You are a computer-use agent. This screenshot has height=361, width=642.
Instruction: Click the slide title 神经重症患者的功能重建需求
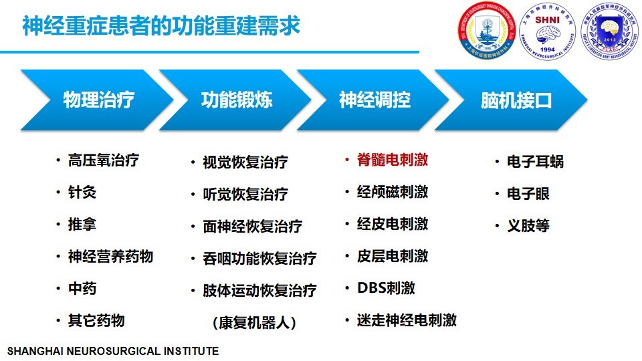(161, 27)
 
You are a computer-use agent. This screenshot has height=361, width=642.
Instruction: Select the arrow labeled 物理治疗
(98, 100)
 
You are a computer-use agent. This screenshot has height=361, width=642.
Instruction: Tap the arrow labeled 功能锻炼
(237, 100)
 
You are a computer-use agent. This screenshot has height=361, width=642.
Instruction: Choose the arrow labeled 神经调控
(374, 100)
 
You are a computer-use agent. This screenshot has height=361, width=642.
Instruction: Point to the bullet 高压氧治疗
(104, 160)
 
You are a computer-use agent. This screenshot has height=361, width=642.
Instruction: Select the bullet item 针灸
(82, 193)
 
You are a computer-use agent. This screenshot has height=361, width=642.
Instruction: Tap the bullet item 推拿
(82, 224)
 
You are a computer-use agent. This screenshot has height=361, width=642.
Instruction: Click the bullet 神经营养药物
(110, 256)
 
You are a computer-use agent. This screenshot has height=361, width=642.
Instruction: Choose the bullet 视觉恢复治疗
(245, 162)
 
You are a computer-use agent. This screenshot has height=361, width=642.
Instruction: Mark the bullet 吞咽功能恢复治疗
(259, 258)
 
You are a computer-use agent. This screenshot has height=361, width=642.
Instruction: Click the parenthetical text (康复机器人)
(254, 322)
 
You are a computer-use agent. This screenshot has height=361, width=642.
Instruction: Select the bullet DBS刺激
(386, 288)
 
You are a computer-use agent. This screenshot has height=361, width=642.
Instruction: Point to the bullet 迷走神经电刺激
(407, 320)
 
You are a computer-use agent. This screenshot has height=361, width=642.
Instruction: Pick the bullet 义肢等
(528, 225)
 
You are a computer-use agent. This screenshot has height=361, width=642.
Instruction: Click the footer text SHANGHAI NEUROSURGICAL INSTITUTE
(112, 351)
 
